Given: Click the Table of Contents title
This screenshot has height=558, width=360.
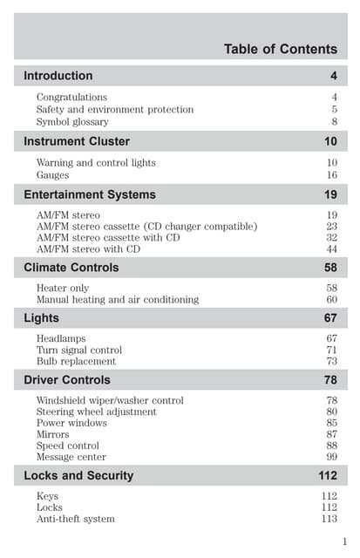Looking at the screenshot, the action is [280, 49].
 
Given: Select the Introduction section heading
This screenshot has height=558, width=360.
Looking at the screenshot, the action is [58, 76].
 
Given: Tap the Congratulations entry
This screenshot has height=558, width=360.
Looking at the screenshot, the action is [71, 97].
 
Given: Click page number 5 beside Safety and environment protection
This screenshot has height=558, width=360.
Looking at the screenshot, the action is [334, 109].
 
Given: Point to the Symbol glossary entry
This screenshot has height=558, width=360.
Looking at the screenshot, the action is [72, 121].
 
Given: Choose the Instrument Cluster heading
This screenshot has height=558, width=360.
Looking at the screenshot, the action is [77, 141].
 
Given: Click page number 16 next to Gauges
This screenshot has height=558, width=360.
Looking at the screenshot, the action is [331, 174].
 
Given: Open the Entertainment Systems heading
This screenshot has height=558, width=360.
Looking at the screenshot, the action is [90, 194].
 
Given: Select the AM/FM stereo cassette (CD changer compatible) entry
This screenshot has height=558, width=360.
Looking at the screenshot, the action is [146, 226].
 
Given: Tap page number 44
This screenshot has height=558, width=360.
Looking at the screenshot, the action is [331, 248].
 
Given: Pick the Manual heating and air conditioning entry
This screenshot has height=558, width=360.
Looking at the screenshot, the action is [117, 299].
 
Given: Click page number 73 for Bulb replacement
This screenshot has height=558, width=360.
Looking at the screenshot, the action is [331, 361].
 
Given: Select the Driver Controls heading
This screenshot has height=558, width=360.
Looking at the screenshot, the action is [67, 380].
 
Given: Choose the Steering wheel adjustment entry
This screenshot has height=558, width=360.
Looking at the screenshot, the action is [96, 412].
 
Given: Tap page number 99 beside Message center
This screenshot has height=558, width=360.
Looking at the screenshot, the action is [331, 457].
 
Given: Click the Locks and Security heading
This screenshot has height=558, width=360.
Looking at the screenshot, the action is [78, 476].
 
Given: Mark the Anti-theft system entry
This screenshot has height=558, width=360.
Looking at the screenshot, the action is [75, 519].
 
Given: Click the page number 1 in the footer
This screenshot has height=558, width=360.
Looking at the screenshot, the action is [345, 541].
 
